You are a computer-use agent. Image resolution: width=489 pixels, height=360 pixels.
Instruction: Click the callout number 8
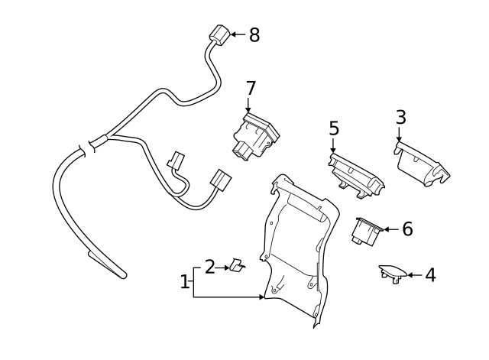point(254,34)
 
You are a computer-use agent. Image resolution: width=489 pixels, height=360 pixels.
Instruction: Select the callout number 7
point(251,88)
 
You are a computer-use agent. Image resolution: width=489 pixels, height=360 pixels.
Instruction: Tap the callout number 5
point(334,128)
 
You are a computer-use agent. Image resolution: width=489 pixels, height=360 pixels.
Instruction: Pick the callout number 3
point(400,117)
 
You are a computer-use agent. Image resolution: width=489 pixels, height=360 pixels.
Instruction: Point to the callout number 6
point(406,229)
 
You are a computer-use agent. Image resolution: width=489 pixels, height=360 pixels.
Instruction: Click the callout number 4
point(430,275)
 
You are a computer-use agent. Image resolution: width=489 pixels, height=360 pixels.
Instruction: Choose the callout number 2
point(210,267)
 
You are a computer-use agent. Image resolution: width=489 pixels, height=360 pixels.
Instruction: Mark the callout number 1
point(184,282)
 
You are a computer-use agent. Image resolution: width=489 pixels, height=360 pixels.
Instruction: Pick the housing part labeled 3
point(421,164)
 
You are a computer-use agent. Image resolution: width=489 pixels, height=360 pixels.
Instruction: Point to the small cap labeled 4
point(393,271)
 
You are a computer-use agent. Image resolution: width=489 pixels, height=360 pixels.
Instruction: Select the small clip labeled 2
point(238,266)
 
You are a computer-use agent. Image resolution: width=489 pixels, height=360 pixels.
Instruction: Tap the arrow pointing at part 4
point(415,274)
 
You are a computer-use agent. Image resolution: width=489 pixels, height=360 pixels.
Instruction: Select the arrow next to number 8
point(237,34)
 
